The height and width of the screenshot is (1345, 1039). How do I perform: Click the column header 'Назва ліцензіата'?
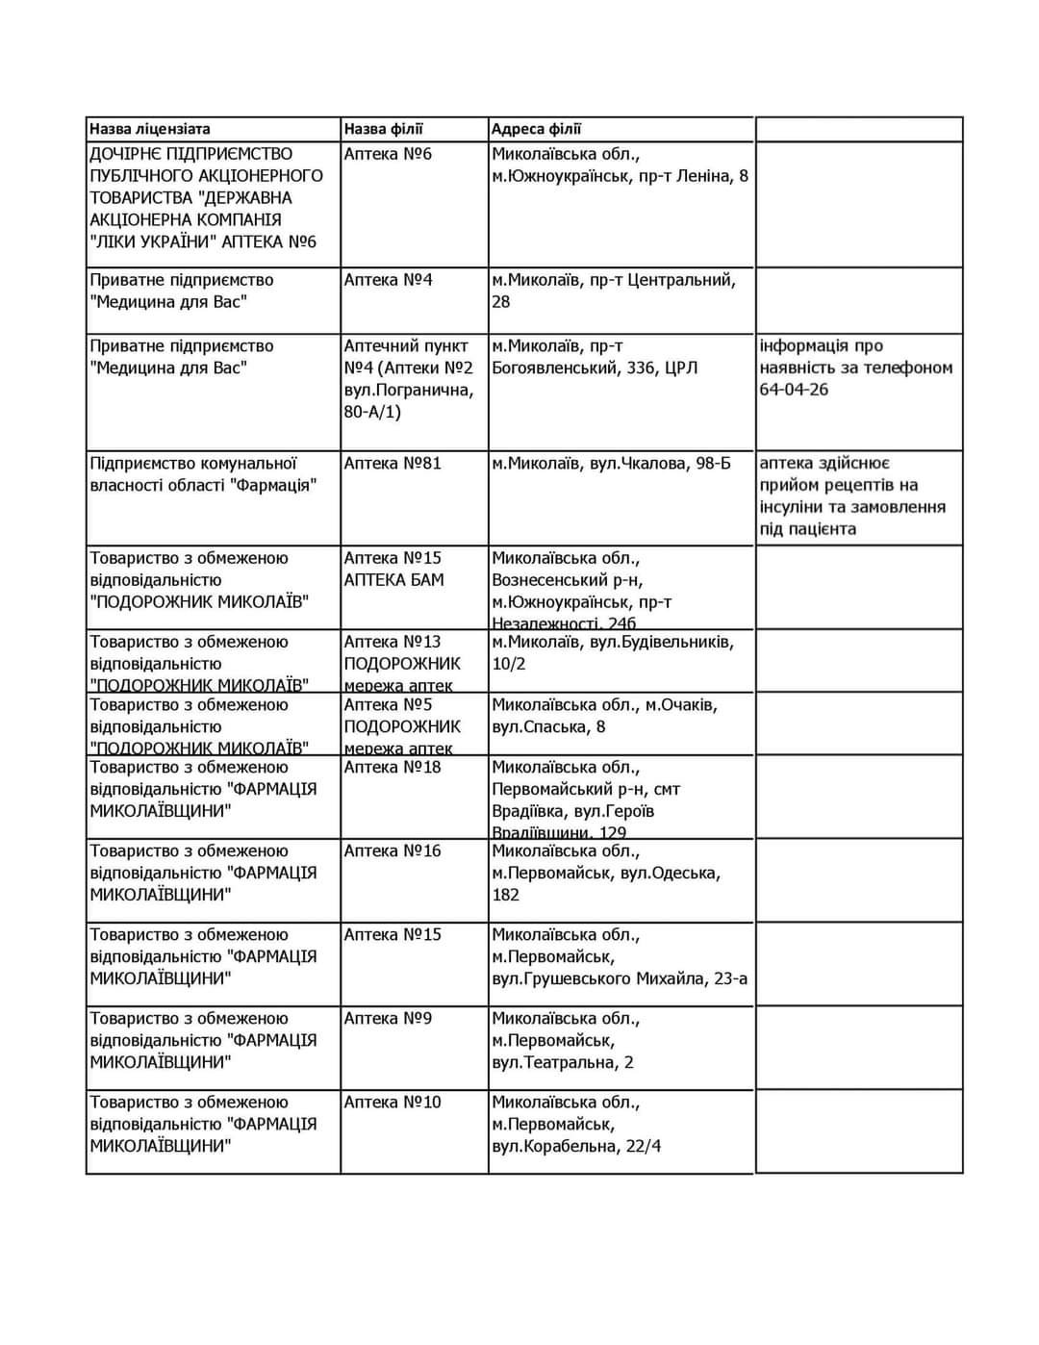point(150,129)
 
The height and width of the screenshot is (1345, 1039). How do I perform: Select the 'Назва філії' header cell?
point(383,129)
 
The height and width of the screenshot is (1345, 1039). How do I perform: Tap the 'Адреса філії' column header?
point(536,129)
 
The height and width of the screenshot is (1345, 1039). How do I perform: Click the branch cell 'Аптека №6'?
point(388,154)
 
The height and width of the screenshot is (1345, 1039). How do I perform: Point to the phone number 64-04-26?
point(794,390)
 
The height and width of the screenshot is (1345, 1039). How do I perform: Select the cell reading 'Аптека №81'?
point(393,464)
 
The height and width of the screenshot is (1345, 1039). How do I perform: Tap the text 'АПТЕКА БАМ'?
point(393,580)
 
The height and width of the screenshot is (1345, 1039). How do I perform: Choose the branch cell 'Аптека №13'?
point(393,642)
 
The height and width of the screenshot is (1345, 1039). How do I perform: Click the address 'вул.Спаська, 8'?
point(548,727)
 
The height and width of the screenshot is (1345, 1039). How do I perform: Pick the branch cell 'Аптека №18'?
point(393,768)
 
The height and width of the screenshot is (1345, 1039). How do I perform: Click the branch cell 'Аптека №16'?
point(393,851)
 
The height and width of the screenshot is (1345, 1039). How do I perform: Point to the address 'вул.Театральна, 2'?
point(563,1063)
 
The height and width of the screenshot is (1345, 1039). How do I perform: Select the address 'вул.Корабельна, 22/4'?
point(576,1147)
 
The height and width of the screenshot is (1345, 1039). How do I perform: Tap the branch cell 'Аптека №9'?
point(388,1019)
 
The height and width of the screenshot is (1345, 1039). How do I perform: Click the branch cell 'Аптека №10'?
point(393,1103)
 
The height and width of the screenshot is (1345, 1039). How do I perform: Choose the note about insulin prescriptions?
point(852,496)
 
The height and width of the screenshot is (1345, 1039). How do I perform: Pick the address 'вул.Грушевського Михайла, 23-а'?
point(620,979)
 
